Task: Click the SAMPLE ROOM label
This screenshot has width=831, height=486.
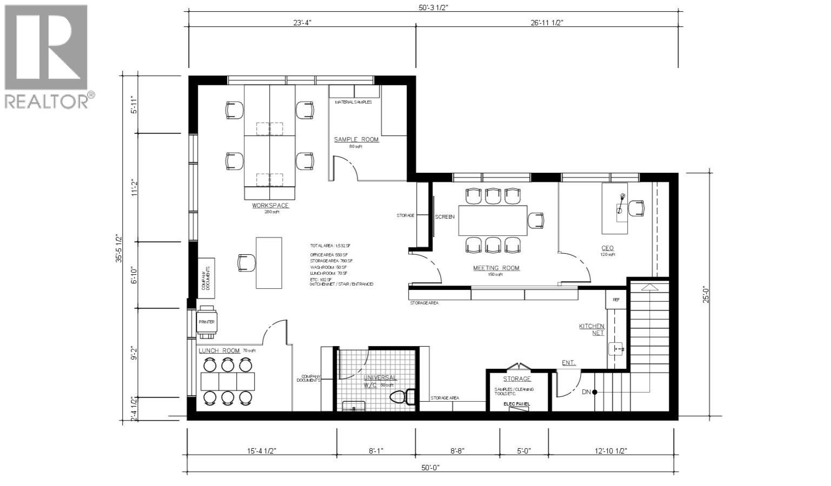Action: click(356, 139)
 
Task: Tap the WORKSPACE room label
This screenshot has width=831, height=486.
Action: click(270, 205)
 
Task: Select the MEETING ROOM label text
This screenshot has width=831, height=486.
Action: click(496, 268)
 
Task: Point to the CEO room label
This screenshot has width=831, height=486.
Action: click(608, 249)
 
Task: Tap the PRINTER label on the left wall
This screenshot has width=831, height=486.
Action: click(207, 322)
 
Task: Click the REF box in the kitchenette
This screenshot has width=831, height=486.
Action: click(616, 300)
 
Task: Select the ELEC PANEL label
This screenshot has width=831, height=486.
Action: click(516, 404)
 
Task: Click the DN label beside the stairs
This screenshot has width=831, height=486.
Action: click(586, 392)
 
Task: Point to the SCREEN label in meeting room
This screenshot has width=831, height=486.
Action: click(445, 217)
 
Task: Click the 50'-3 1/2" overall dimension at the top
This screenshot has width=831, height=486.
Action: click(433, 7)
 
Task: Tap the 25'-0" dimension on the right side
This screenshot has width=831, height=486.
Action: click(706, 294)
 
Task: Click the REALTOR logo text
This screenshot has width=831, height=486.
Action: click(47, 101)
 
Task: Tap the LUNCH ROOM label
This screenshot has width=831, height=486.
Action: click(219, 350)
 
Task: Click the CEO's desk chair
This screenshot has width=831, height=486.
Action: click(637, 207)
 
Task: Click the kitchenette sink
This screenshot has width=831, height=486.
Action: click(617, 349)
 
